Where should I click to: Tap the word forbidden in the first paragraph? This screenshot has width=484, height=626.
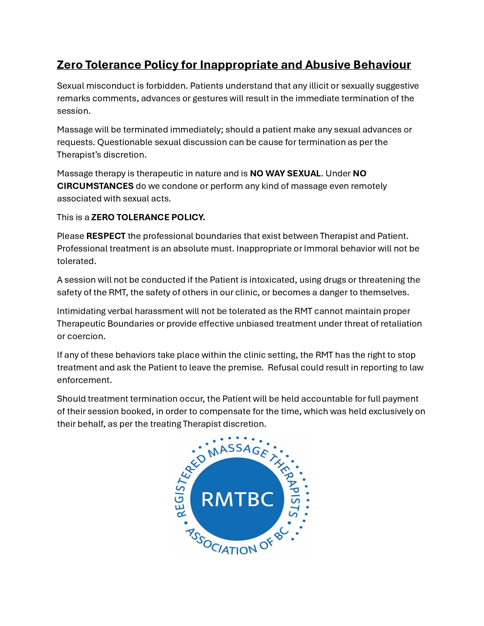[x=165, y=86]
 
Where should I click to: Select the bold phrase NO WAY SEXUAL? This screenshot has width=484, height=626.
[x=285, y=173]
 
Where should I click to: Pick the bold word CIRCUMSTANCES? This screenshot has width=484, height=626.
[x=95, y=186]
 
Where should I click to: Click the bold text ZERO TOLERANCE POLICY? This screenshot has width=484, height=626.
[x=148, y=217]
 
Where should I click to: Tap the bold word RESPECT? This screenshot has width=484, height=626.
[x=106, y=236]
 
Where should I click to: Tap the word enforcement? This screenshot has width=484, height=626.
[x=84, y=380]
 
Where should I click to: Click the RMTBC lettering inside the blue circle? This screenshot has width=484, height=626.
[x=237, y=499]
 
